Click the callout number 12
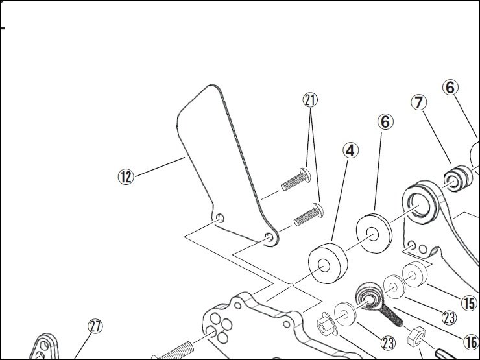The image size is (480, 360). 125,176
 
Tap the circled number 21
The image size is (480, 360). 311,100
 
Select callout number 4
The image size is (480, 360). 350,151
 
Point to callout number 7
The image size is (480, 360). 418,102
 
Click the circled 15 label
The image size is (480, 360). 468,302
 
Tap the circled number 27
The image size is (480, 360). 95,326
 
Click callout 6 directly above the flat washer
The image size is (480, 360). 385,121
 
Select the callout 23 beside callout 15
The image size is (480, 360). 449,317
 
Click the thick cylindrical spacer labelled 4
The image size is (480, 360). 328,262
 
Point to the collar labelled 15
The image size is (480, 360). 416,275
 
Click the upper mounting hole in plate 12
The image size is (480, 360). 220,219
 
